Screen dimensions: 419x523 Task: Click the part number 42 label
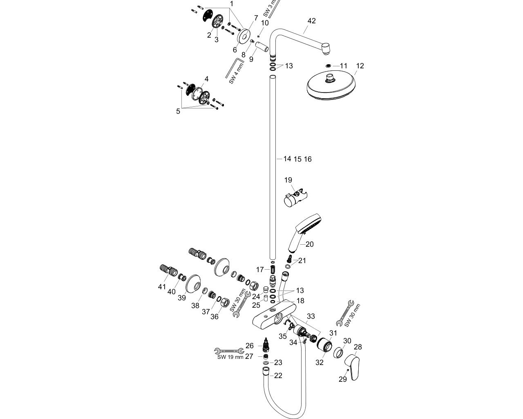tap(311, 21)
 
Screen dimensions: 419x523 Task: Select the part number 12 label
tap(360, 66)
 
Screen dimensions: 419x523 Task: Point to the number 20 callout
tap(309, 244)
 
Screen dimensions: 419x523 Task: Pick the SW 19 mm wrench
tap(229, 351)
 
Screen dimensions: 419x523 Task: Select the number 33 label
tap(311, 316)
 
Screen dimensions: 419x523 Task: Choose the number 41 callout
tap(162, 287)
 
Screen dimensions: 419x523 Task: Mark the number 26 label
tap(250, 346)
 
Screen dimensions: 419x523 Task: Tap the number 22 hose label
tap(278, 375)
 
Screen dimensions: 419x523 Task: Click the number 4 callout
tap(207, 79)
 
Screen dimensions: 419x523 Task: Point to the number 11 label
tap(343, 66)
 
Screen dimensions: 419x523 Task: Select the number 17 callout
tap(260, 270)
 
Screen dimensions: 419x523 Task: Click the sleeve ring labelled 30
tap(338, 352)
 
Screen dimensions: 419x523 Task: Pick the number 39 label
tap(181, 297)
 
